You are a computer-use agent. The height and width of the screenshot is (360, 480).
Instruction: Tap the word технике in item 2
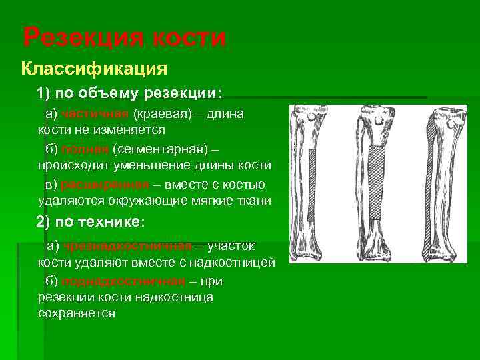coord(111,221)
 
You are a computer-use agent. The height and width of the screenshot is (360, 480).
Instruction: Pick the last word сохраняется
coord(77,313)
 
